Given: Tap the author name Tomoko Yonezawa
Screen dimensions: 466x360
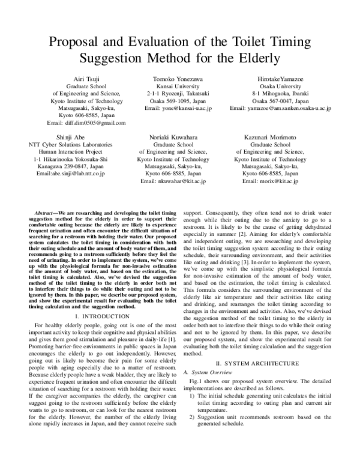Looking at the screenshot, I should point(178,79).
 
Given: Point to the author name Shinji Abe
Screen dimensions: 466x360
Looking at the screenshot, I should point(71,138).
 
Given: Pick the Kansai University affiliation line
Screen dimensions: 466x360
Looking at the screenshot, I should point(178,86).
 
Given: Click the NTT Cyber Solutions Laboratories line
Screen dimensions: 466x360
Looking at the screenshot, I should point(71,145).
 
